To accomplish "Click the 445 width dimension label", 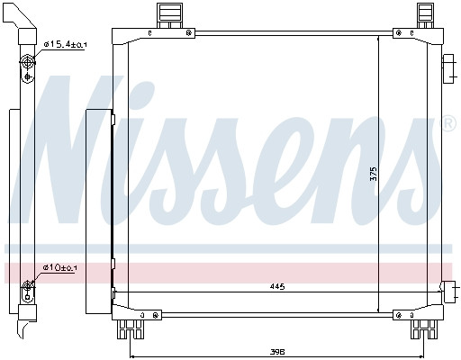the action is pyautogui.click(x=277, y=287).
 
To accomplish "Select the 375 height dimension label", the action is pyautogui.click(x=374, y=174).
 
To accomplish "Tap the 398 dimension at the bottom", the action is pyautogui.click(x=277, y=352).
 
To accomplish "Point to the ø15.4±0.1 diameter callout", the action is pyautogui.click(x=65, y=45).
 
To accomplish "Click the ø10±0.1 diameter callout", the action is pyautogui.click(x=59, y=267).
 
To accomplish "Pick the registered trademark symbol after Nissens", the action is pyautogui.click(x=449, y=123).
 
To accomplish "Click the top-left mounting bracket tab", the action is pyautogui.click(x=170, y=15).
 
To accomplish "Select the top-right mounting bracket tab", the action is pyautogui.click(x=425, y=15).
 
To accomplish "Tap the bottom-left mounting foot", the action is pyautogui.click(x=131, y=329).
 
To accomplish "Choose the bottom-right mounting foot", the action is pyautogui.click(x=424, y=329).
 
